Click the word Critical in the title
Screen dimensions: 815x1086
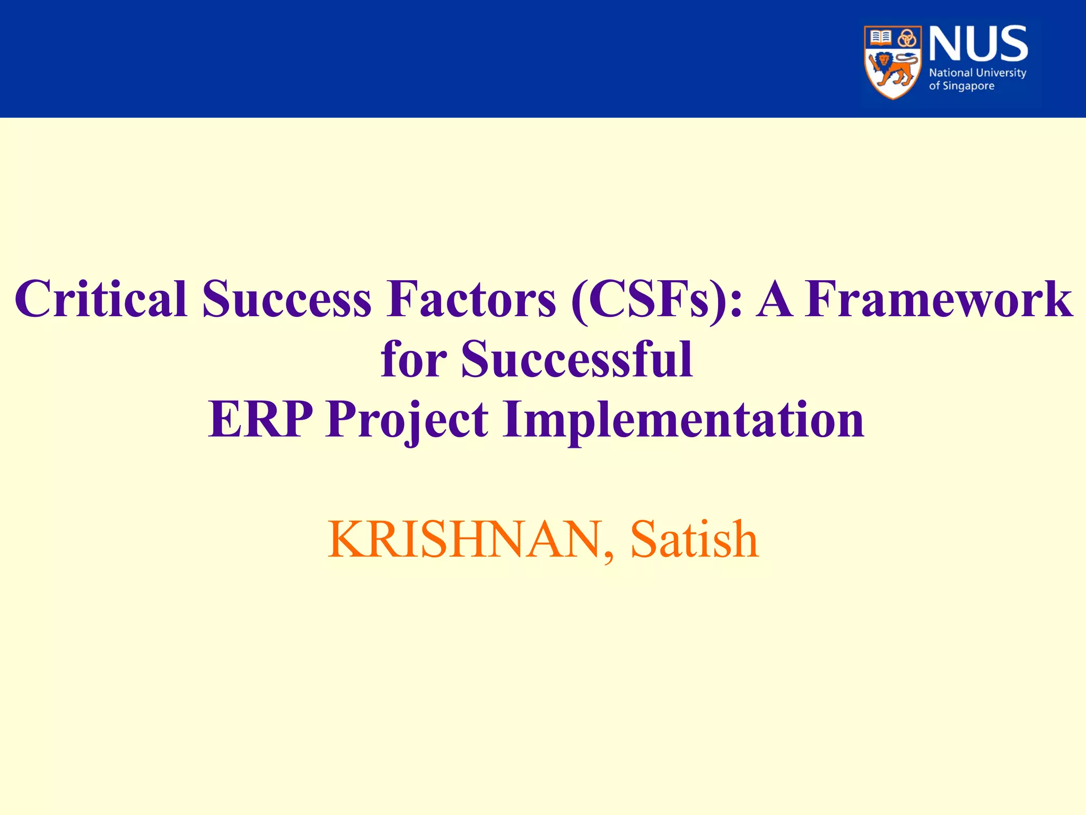[101, 300]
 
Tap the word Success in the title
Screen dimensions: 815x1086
[286, 300]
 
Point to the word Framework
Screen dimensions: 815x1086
[939, 300]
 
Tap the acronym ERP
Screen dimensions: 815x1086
[260, 420]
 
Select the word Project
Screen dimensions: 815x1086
[407, 420]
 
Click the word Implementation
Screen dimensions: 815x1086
[684, 420]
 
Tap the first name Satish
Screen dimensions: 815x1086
[695, 540]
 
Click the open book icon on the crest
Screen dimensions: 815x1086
[881, 38]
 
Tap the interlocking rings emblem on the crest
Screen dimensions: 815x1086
[907, 38]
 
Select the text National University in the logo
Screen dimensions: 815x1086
[977, 73]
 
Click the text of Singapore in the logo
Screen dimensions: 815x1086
[961, 86]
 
